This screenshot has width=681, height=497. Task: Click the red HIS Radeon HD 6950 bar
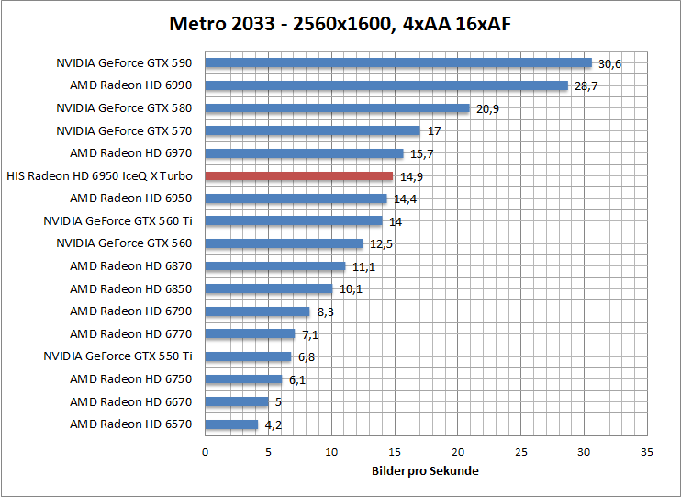298,175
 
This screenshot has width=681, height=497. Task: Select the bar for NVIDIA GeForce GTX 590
398,63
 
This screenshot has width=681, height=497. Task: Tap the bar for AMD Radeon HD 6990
386,85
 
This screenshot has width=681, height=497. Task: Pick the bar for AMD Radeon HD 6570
231,424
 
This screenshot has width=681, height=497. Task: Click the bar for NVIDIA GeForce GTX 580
337,108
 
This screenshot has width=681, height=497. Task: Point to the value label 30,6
609,64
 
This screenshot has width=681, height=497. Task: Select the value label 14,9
411,176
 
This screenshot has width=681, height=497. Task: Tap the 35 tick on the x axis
647,453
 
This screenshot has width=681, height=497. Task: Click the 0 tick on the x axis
206,453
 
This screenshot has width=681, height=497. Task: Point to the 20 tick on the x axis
458,453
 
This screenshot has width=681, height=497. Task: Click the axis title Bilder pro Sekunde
425,471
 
